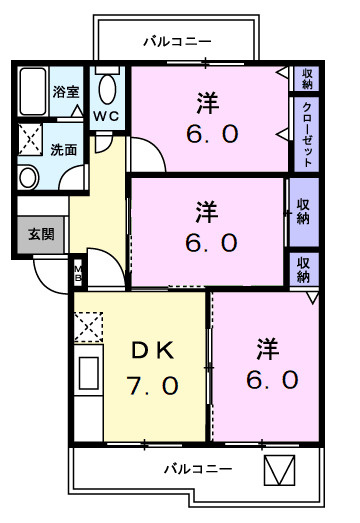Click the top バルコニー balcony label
point(177,42)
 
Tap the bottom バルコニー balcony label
point(198,468)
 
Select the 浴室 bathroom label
point(67,91)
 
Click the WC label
point(107,116)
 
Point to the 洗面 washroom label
point(64,150)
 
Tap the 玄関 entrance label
point(41,235)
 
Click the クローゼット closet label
point(308,134)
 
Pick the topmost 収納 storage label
point(308,78)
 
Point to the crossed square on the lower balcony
point(279,469)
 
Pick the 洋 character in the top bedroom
point(207,101)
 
